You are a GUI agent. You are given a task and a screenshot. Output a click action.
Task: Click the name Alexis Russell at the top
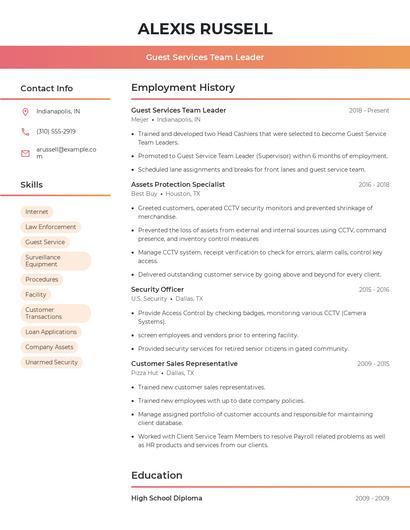[x=205, y=28]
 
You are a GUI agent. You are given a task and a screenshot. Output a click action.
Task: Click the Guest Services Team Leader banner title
[x=205, y=57]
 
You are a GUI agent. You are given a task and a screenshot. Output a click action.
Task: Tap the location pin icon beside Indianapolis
[x=25, y=112]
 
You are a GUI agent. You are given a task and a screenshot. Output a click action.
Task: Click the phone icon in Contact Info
[x=25, y=132]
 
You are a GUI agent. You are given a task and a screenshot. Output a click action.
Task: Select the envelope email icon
[x=25, y=153]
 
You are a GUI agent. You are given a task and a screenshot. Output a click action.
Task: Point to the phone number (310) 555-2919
[x=56, y=132]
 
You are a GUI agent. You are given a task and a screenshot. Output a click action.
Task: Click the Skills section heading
[x=32, y=185]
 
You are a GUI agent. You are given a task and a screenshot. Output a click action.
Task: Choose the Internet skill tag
[x=37, y=212]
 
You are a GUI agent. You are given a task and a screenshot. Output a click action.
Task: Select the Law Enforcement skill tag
[x=50, y=227]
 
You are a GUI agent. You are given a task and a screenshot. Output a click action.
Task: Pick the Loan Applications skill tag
[x=51, y=332]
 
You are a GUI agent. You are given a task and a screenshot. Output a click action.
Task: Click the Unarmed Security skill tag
[x=51, y=362]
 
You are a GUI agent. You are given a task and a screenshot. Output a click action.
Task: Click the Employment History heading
[x=183, y=88]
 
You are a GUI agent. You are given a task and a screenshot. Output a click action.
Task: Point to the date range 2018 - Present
[x=369, y=110]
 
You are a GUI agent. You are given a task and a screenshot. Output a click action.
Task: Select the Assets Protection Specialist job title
[x=178, y=185]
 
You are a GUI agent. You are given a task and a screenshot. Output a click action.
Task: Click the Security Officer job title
[x=157, y=289]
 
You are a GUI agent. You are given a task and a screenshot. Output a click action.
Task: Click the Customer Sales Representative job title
[x=184, y=363]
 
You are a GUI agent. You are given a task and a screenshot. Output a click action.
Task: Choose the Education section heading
[x=157, y=475]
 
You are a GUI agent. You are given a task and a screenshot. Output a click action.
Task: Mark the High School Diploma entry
[x=166, y=498]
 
